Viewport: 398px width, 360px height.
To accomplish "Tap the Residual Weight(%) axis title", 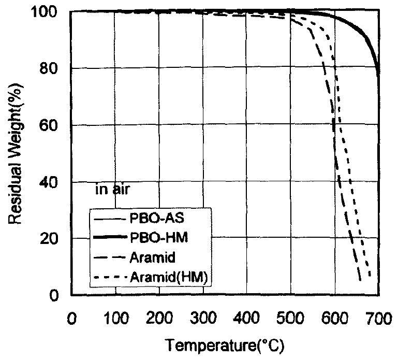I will pos(16,153).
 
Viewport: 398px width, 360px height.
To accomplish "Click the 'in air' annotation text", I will pos(112,190).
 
